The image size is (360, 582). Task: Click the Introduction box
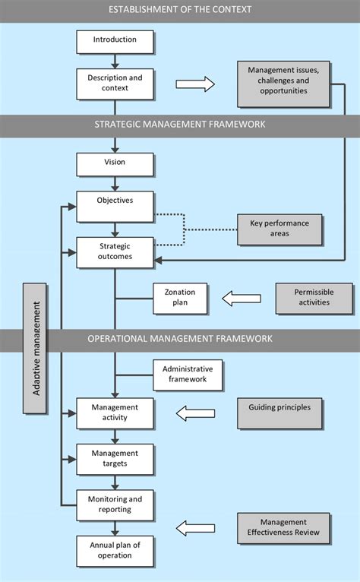click(x=115, y=42)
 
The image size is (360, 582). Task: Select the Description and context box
click(x=115, y=84)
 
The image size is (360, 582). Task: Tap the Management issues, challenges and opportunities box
click(x=283, y=84)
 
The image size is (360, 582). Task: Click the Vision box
click(x=115, y=165)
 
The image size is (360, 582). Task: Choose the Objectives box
click(x=115, y=207)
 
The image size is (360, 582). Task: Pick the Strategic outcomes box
click(x=115, y=253)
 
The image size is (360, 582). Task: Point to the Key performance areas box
click(x=279, y=229)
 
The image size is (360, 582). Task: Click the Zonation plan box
click(x=180, y=299)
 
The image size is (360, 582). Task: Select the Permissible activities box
click(x=314, y=299)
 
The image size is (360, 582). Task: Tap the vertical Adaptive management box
click(x=35, y=349)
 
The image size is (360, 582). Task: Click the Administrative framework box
click(x=188, y=375)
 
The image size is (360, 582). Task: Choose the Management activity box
click(x=115, y=413)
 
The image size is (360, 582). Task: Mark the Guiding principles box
click(x=279, y=414)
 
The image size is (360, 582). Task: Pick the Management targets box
click(x=115, y=460)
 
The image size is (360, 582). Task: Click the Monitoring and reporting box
click(x=115, y=505)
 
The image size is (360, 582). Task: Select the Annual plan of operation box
click(x=115, y=551)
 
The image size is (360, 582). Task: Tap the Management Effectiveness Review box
click(x=283, y=529)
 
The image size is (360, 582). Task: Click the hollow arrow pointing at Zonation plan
click(x=242, y=299)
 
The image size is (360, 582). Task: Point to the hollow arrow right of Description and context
click(x=195, y=84)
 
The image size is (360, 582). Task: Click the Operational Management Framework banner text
click(x=180, y=339)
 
